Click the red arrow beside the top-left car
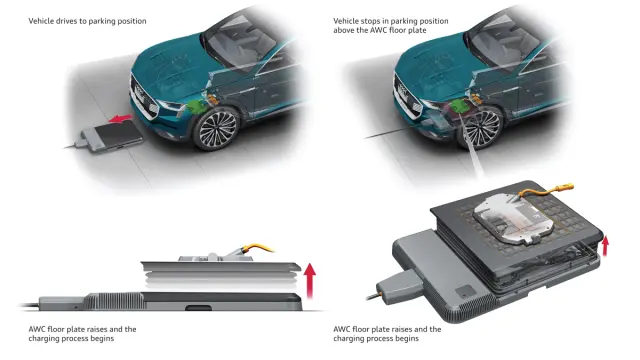pyautogui.click(x=120, y=119)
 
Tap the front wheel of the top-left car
pyautogui.click(x=216, y=129)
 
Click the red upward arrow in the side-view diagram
pyautogui.click(x=310, y=280)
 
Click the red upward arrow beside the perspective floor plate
pyautogui.click(x=605, y=246)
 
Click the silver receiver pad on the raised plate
pyautogui.click(x=513, y=219)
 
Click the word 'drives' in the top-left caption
pyautogui.click(x=65, y=21)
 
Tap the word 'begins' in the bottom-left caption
pyautogui.click(x=103, y=338)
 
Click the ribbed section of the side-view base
pyautogui.click(x=114, y=301)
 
